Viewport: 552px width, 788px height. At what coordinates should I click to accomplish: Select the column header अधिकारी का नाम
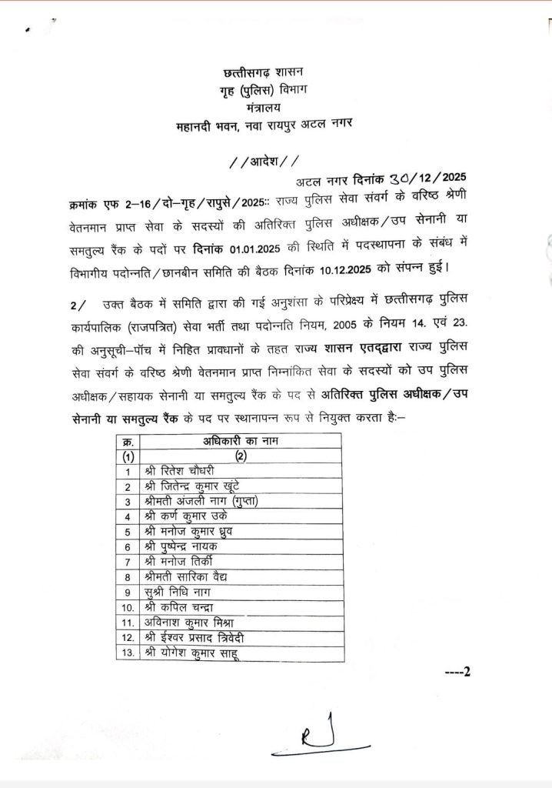click(241, 441)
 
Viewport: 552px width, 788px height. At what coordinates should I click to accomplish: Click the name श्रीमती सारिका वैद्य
click(185, 576)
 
